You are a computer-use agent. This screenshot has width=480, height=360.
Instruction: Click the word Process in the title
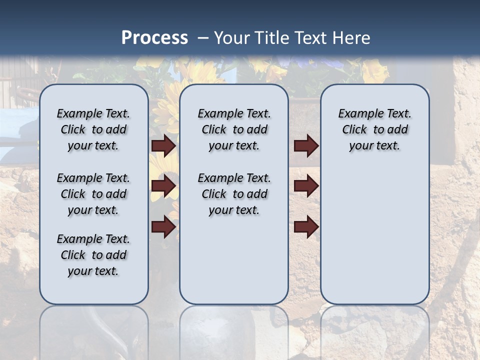[x=154, y=37]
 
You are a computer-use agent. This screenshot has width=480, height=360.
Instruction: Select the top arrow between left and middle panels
[x=163, y=146]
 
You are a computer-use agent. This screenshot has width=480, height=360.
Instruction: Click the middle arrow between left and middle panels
[x=163, y=186]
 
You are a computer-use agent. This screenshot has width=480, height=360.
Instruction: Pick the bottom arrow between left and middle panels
[x=163, y=227]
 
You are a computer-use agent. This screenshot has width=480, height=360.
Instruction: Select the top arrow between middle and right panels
[x=306, y=146]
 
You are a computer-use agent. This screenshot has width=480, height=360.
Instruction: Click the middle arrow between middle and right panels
[x=306, y=186]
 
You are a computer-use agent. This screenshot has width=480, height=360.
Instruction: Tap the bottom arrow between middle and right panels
[x=306, y=227]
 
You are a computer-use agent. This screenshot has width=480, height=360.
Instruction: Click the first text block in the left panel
[x=93, y=129]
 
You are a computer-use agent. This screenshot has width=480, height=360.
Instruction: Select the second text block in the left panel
[x=93, y=194]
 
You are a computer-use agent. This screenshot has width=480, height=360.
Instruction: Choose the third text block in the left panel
[x=93, y=255]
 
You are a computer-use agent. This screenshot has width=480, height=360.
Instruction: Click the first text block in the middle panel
[x=234, y=129]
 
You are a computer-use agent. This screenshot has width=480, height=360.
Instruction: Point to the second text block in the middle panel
[x=234, y=194]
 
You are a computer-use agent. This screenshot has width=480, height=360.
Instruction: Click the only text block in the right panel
[x=374, y=129]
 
